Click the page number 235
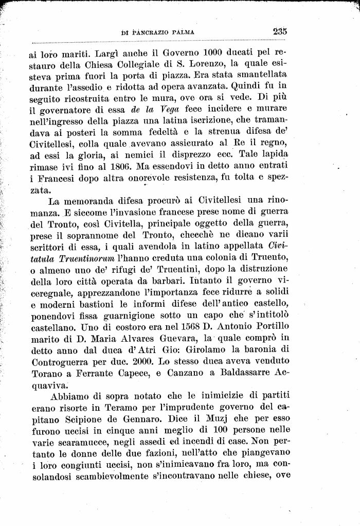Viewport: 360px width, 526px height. [280, 31]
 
